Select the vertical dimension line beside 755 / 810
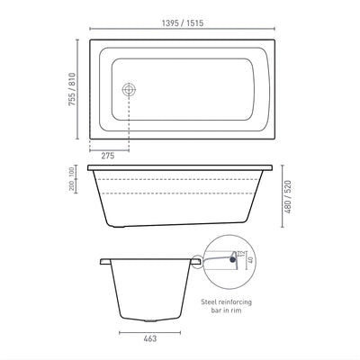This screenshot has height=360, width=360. (85, 88)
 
